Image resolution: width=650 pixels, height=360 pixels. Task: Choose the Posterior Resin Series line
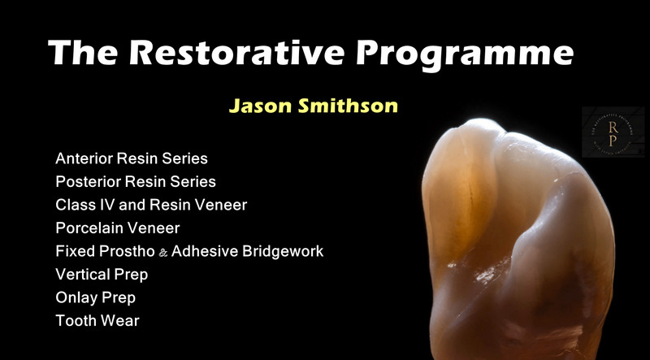tap(136, 181)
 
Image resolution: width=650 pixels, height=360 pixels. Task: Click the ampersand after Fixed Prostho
tap(163, 253)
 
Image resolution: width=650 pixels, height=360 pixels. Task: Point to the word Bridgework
tap(283, 251)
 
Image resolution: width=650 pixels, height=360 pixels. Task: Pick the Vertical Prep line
tap(102, 275)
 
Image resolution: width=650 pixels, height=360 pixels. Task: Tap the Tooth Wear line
tap(97, 321)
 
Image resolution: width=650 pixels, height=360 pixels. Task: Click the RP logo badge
tap(613, 132)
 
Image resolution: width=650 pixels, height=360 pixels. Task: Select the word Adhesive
tap(206, 251)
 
